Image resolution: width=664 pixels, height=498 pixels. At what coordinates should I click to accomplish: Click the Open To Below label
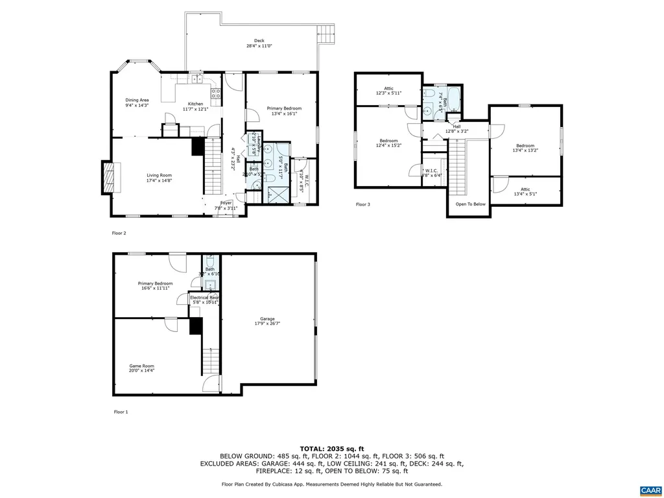[470, 204]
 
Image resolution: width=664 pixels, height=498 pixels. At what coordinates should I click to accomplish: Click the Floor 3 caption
[363, 204]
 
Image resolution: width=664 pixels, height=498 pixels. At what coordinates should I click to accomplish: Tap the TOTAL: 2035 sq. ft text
[331, 449]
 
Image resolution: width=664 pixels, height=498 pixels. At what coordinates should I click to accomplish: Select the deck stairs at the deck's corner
[326, 32]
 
